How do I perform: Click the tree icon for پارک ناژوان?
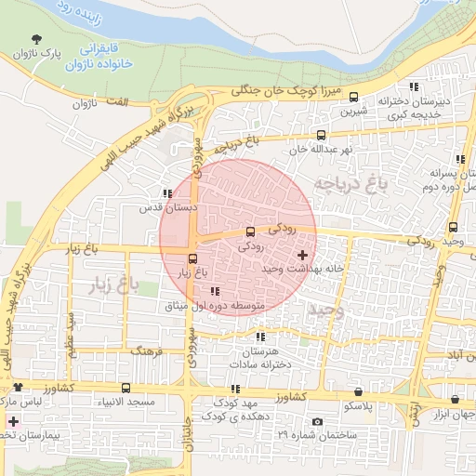point(36,39)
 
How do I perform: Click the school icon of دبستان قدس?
point(166,194)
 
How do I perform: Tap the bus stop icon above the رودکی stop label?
point(249,231)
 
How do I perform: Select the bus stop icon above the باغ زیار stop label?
point(192,258)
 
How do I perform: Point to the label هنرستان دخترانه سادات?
point(259,360)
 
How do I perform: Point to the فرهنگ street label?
point(147,352)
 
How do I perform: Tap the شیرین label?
point(355,112)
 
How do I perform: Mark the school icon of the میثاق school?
point(216,291)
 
